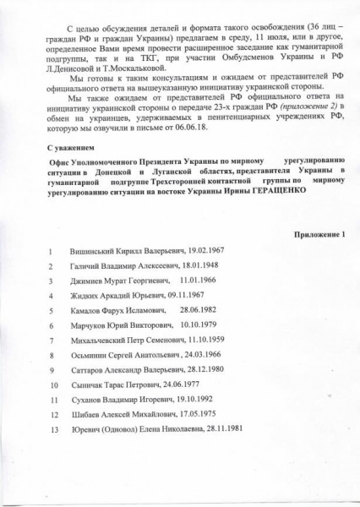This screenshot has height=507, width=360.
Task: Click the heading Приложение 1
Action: point(317,232)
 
